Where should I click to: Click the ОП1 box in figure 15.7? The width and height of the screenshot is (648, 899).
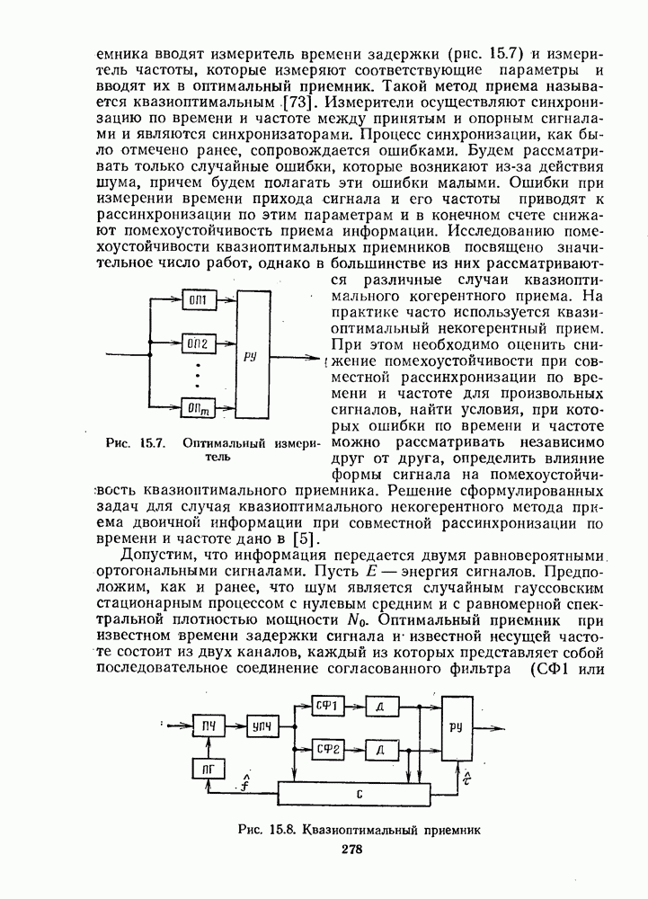coord(198,299)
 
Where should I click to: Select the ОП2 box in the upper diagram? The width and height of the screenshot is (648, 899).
coord(198,343)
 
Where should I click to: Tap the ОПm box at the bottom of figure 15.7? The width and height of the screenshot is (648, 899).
coord(198,410)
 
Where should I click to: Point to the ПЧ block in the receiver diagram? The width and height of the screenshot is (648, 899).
coord(209,725)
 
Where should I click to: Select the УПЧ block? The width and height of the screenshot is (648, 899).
coord(263,725)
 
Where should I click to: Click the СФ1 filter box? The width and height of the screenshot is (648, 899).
coord(326,707)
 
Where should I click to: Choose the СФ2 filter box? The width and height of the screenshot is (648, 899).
coord(326,748)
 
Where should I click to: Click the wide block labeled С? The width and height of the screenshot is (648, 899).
coord(359,795)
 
